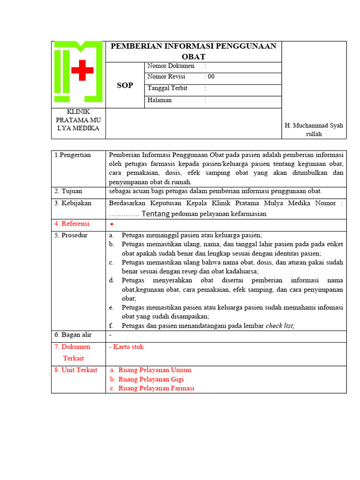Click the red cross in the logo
click(82, 70)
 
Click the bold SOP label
click(125, 85)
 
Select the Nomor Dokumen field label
click(171, 66)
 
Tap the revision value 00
click(211, 77)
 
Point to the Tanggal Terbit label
click(167, 88)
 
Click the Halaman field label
click(159, 100)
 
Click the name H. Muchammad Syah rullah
click(314, 130)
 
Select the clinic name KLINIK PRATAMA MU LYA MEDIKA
click(78, 120)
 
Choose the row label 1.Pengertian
click(73, 155)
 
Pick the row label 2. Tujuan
click(68, 191)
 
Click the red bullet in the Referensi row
click(112, 225)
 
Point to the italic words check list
click(280, 326)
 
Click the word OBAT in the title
click(194, 56)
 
